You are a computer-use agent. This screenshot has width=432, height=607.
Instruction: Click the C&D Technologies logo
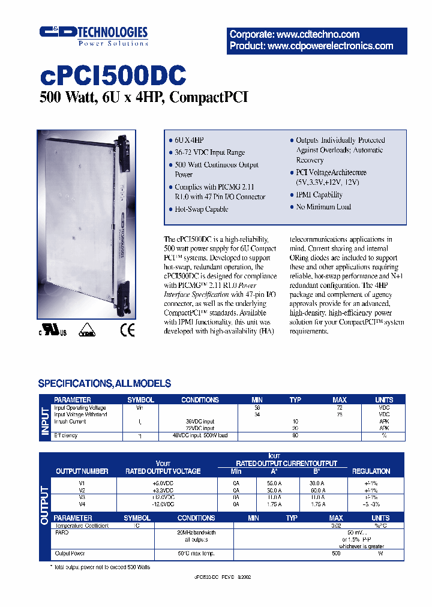pos(93,35)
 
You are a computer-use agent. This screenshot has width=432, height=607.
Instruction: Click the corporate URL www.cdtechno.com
pos(295,34)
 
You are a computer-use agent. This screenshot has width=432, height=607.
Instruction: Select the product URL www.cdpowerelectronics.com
pos(311,46)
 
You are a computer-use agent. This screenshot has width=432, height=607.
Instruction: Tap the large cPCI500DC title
pos(113,76)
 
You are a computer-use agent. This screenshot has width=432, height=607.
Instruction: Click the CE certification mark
pos(128,331)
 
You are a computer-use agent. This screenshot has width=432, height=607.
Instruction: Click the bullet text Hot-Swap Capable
pos(201,209)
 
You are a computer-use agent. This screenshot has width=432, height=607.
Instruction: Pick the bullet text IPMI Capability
pos(319,195)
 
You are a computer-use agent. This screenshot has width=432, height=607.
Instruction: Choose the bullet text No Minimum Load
pos(323,207)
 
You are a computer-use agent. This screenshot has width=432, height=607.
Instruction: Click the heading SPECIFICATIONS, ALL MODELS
pos(104,383)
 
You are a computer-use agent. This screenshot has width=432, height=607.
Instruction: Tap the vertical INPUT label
pos(45,417)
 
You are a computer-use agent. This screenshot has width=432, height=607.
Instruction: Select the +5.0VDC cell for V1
pos(163,482)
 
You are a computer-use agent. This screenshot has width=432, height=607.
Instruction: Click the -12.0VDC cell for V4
pos(163,504)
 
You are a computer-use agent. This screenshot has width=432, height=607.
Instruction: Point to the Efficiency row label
pos(66,435)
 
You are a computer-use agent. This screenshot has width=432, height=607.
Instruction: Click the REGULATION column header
pos(371,471)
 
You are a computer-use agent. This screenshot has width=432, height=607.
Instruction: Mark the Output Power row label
pos(70,554)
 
